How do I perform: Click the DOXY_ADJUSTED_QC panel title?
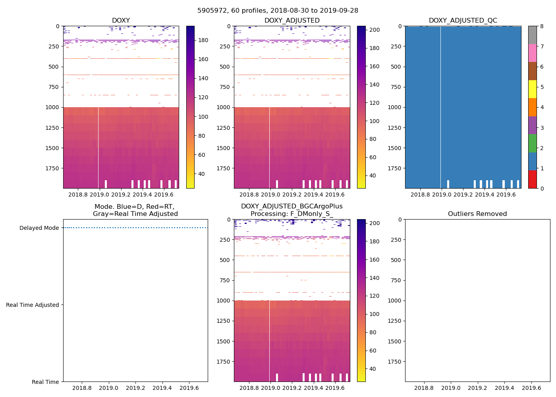coord(463,21)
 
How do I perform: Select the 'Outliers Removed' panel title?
coord(477,214)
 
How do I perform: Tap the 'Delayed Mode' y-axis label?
coord(39,228)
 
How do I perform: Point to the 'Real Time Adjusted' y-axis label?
coord(33,305)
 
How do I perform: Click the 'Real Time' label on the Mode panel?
coord(45,382)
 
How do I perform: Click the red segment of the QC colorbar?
coord(532,179)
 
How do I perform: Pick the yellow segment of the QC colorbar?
coord(532,89)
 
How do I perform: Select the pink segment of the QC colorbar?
coord(532,53)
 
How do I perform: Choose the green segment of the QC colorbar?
coord(532,143)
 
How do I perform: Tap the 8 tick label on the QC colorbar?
coord(542,26)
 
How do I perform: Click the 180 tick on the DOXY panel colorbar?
coord(203,40)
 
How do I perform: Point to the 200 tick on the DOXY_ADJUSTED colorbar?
coord(375,30)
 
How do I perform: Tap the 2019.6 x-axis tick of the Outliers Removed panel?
coord(531,388)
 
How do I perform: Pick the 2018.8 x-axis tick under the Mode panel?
coord(82,388)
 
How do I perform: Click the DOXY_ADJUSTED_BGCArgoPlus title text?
coord(292,206)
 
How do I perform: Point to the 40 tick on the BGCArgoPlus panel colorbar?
coord(373,369)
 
